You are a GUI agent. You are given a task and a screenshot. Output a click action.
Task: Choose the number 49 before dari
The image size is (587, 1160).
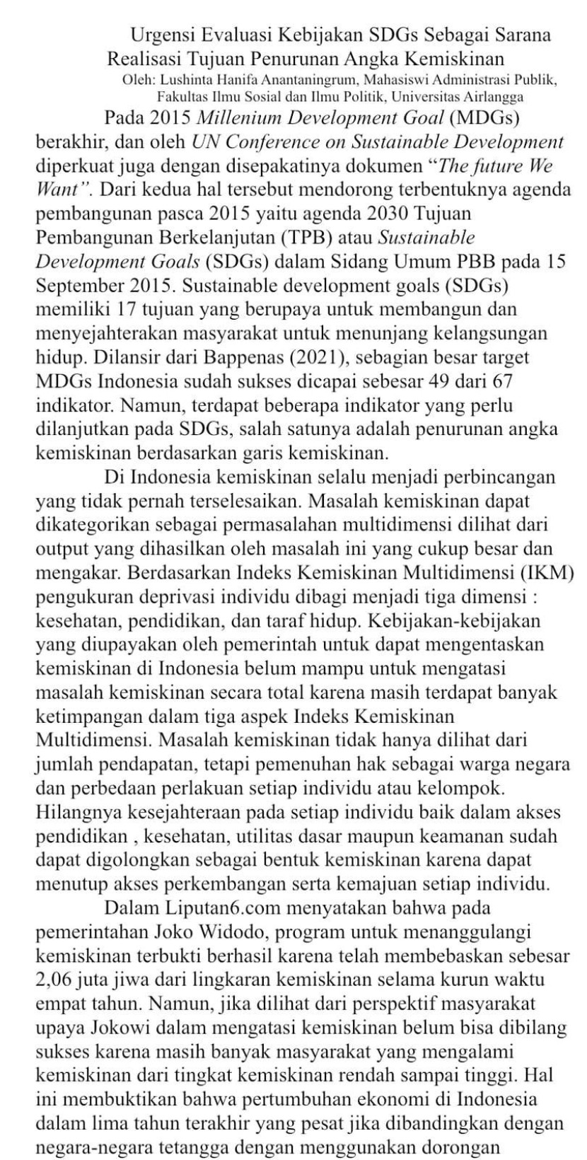443,381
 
